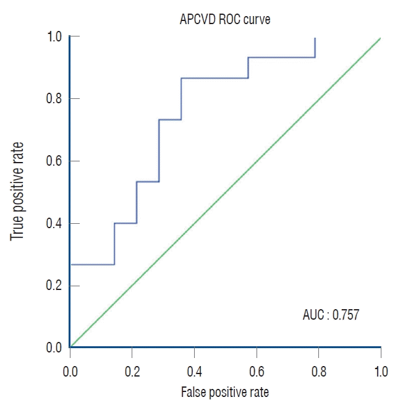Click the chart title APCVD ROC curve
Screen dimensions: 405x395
click(224, 19)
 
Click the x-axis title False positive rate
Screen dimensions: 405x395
click(225, 392)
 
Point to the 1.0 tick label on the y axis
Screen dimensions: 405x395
click(54, 36)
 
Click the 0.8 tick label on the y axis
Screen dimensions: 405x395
click(54, 98)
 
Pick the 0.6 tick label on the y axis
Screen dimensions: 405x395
click(54, 161)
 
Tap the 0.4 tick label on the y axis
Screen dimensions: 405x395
click(54, 223)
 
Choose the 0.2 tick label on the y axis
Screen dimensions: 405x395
click(54, 286)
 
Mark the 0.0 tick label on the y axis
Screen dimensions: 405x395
click(54, 347)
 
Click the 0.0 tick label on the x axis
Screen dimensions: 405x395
click(70, 371)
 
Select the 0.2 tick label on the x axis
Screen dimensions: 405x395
click(132, 371)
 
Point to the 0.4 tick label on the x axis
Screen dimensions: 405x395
click(194, 371)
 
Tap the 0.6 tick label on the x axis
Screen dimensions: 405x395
click(257, 371)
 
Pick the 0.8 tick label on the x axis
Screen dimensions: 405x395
click(319, 371)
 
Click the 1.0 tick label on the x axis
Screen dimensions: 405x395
click(381, 371)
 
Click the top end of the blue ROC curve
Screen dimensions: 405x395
click(315, 38)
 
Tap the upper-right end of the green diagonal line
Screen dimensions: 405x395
click(380, 38)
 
